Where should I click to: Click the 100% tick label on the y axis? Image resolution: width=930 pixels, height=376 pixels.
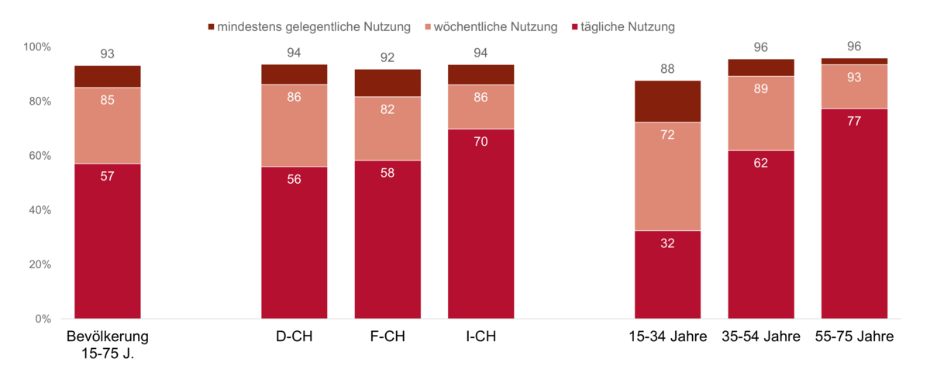point(36,47)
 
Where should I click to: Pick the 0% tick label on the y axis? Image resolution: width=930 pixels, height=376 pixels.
point(42,319)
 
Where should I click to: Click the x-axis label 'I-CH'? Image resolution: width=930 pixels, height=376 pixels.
point(480,337)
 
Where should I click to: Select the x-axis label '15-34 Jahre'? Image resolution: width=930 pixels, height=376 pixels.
point(667,337)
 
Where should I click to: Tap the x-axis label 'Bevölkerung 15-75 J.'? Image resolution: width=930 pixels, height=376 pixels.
point(107,345)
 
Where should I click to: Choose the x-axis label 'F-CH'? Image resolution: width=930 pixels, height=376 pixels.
point(387,337)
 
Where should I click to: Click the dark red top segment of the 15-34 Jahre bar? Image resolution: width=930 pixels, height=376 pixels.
point(667,102)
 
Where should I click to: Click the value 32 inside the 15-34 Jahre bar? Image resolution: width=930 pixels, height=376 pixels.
point(667,243)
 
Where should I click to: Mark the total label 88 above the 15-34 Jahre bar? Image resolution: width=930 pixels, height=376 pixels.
point(667,69)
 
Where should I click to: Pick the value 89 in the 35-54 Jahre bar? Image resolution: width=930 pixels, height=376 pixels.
point(761,88)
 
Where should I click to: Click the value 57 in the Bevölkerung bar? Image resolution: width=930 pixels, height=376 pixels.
point(107,176)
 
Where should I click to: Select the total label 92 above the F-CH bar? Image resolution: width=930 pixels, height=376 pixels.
point(387,57)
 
